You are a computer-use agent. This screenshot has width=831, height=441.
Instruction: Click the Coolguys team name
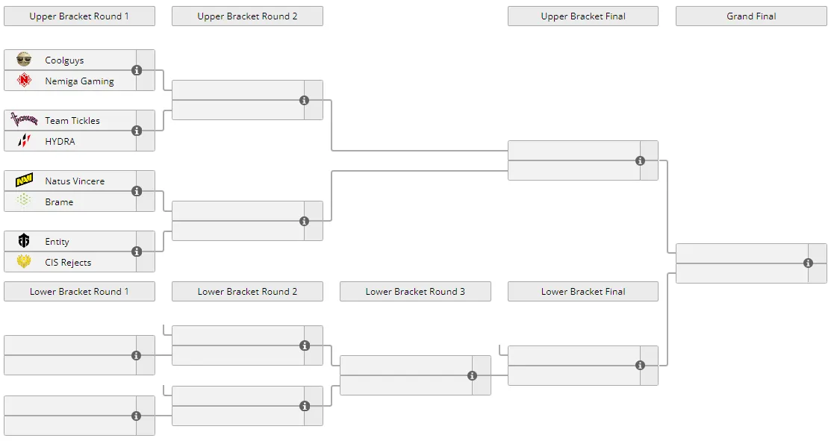64,60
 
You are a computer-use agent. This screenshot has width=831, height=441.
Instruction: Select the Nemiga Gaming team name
79,81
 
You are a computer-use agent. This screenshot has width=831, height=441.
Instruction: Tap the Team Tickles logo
24,120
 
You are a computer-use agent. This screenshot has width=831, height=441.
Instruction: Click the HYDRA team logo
24,141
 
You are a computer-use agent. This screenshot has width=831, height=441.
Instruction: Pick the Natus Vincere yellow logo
24,181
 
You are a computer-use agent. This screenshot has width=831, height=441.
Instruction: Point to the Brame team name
59,201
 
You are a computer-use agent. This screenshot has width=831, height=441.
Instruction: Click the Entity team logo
24,241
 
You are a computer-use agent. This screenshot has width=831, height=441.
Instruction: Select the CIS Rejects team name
68,262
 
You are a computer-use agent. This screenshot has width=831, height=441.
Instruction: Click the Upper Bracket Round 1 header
79,16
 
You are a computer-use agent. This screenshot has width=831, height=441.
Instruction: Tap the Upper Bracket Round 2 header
247,16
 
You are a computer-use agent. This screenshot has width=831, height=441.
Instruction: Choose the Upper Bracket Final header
583,16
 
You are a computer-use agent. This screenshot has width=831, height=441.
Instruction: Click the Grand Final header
751,16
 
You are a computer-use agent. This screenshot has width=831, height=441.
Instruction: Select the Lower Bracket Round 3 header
415,291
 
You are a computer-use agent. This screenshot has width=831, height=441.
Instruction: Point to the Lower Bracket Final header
583,291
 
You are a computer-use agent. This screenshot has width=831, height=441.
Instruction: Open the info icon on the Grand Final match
808,263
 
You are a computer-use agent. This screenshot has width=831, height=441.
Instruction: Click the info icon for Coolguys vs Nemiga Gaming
137,70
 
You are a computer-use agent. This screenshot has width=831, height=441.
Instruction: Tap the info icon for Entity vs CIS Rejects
137,251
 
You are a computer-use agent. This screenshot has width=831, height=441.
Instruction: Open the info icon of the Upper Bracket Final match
640,160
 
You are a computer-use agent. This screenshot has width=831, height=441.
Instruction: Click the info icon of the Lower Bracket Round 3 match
472,375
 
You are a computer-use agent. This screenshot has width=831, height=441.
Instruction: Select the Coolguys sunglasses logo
24,59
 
